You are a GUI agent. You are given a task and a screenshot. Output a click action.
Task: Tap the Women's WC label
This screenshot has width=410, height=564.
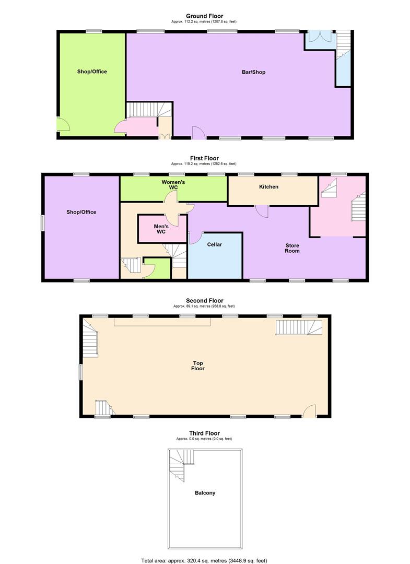pos(172,185)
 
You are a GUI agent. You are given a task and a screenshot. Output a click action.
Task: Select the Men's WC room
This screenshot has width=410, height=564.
pos(160,228)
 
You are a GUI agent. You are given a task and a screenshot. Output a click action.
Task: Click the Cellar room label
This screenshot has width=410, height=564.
pos(215,244)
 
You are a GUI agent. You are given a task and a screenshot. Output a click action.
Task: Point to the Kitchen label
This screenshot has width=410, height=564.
pos(269,187)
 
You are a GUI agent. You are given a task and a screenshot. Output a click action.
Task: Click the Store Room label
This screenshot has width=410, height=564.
pos(292,248)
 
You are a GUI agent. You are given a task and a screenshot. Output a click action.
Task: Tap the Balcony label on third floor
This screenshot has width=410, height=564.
pos(205,493)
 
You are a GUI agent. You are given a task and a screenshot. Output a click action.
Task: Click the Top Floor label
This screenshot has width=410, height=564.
pos(198,366)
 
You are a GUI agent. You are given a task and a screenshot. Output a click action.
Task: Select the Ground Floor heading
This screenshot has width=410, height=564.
pos(205,16)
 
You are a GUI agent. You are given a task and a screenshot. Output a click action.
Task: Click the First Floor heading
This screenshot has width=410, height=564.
pos(204,158)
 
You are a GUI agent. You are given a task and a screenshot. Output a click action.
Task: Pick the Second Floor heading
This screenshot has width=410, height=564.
pos(205,301)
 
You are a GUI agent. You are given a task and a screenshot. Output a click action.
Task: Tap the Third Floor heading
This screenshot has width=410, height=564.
pos(205,433)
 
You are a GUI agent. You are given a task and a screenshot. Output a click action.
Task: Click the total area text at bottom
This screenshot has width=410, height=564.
pos(205,560)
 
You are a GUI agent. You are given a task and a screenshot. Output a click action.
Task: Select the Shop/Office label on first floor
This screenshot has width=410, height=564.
pos(81,212)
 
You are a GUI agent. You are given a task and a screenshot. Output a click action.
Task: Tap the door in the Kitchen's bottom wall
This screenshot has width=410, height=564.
pos(262,211)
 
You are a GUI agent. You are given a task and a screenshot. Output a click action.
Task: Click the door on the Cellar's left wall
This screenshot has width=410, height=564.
pos(194,238)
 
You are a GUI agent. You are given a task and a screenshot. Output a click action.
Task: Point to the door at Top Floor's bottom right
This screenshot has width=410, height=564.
pos(310,412)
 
